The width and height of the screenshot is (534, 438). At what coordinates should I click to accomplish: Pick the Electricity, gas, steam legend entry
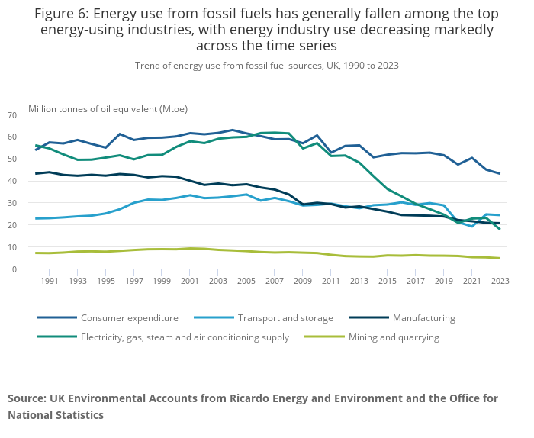(x=185, y=337)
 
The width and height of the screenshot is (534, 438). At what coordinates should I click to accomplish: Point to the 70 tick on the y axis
(x=11, y=115)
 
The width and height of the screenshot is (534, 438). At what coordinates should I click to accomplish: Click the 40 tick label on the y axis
(x=11, y=181)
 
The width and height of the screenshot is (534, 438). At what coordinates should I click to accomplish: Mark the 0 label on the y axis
(x=14, y=269)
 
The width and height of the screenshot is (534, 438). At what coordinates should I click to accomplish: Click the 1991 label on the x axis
(x=50, y=282)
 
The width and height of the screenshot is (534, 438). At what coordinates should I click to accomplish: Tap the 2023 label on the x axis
(x=500, y=282)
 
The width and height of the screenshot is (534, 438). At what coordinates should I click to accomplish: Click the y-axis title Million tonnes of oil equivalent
(x=108, y=108)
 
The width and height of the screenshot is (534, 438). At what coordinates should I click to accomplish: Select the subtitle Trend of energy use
(x=266, y=66)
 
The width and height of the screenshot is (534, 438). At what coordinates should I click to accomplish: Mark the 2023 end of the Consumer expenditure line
(x=500, y=174)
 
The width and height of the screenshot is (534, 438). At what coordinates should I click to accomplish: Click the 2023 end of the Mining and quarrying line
(x=500, y=258)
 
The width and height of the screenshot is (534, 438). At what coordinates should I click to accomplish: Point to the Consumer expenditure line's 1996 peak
(x=120, y=134)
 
